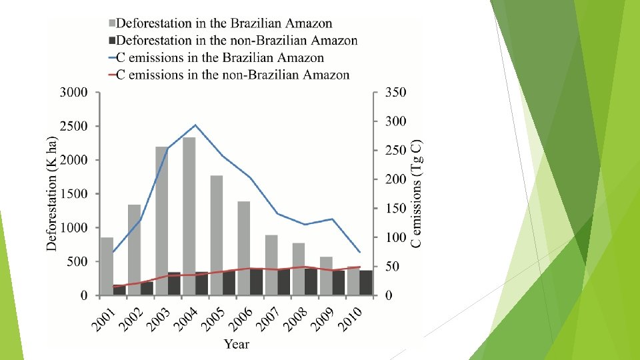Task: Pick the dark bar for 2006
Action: pyautogui.click(x=257, y=281)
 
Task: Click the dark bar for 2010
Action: pyautogui.click(x=366, y=283)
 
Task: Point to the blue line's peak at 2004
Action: pyautogui.click(x=195, y=125)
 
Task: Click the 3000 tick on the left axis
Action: pyautogui.click(x=73, y=93)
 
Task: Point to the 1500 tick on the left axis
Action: pyautogui.click(x=73, y=194)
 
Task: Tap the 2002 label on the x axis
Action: pyautogui.click(x=133, y=319)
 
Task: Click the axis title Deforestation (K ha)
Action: pyautogui.click(x=52, y=193)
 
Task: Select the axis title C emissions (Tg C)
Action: pyautogui.click(x=417, y=193)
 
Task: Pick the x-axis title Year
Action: pyautogui.click(x=237, y=344)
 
